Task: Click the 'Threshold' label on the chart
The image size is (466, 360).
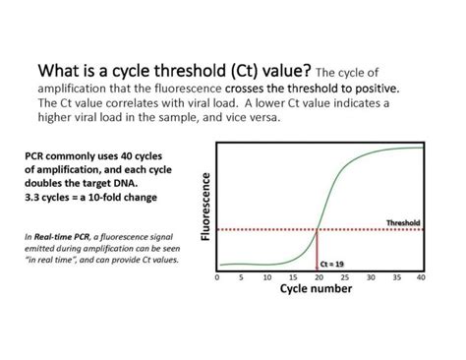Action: pyautogui.click(x=403, y=222)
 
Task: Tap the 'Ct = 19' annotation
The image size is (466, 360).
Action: pyautogui.click(x=334, y=264)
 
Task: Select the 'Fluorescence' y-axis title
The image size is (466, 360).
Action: pyautogui.click(x=206, y=206)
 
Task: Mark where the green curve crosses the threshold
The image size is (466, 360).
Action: pyautogui.click(x=318, y=230)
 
